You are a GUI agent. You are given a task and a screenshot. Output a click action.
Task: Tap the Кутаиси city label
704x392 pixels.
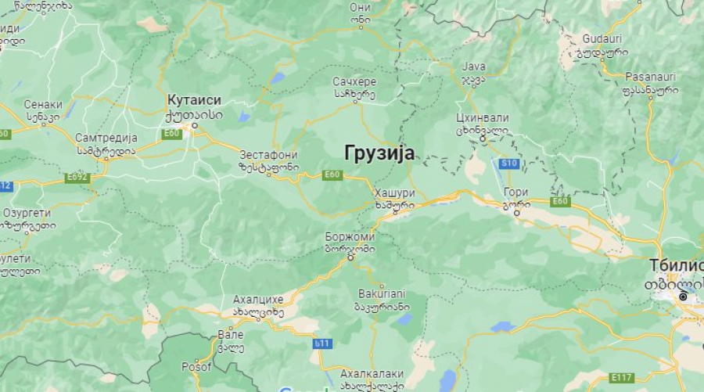click(194, 100)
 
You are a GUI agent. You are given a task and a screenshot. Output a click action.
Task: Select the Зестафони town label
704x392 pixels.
click(268, 155)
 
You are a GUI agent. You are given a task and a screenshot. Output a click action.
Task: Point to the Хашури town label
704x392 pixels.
click(395, 193)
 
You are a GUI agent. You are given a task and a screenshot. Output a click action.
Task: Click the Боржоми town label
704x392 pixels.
click(350, 237)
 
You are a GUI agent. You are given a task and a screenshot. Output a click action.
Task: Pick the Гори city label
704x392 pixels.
click(516, 192)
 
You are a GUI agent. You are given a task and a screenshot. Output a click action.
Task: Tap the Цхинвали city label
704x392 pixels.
click(482, 118)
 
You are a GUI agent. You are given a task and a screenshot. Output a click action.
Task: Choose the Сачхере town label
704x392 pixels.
click(354, 81)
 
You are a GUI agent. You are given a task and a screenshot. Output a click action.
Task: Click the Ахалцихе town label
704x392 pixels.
click(258, 300)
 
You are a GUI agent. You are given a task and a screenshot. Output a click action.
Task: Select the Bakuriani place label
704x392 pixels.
click(383, 293)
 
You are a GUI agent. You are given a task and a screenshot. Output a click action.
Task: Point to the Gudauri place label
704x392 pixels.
click(602, 39)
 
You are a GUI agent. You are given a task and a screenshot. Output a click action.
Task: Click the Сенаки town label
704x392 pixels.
click(43, 104)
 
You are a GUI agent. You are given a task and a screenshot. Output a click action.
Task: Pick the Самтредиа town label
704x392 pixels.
click(106, 138)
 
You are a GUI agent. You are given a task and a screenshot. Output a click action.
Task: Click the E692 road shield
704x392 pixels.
click(77, 178)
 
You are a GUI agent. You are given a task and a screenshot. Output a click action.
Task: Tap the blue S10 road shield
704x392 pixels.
click(509, 164)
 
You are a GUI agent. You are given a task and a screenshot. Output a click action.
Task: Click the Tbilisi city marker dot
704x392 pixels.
click(683, 297)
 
